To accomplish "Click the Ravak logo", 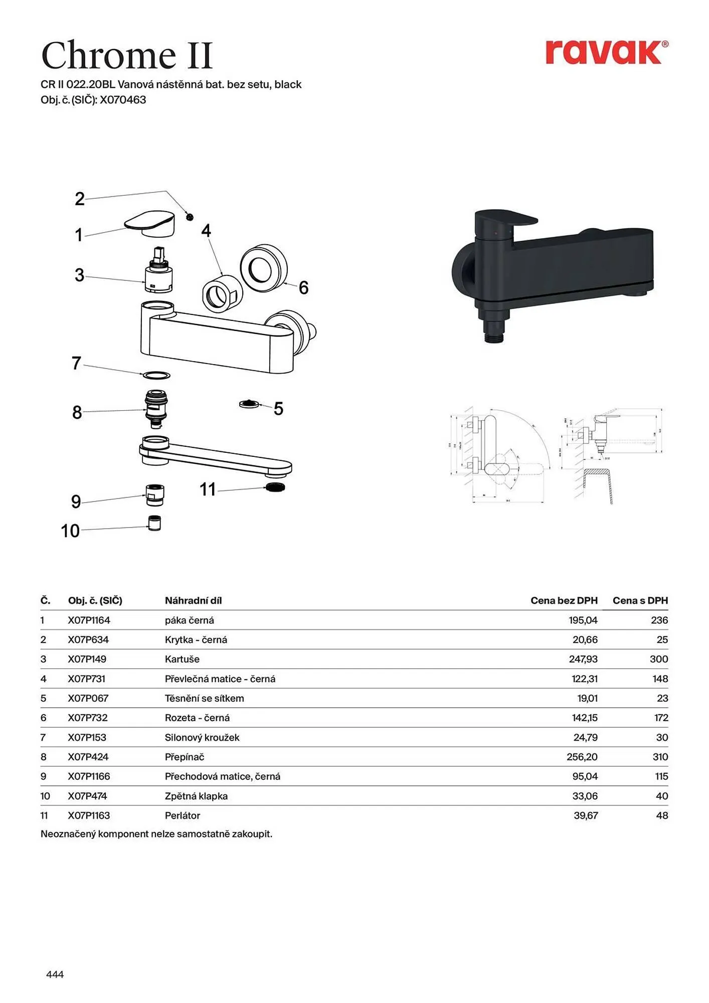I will [x=606, y=52].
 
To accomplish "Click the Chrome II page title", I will [x=127, y=55].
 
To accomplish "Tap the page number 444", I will [x=55, y=974].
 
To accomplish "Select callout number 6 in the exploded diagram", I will [x=303, y=288].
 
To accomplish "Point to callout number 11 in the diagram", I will [x=208, y=489].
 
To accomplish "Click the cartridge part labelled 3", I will [x=158, y=271].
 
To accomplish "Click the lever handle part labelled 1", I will [x=150, y=223].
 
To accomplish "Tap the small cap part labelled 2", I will [x=190, y=217].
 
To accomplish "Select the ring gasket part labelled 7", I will [x=156, y=375].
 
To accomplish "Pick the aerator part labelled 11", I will [x=275, y=486].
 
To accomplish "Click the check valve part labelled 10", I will [x=154, y=523].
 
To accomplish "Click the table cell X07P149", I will [x=87, y=659].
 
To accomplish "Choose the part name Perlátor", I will [x=183, y=815].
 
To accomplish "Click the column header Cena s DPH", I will [x=640, y=600].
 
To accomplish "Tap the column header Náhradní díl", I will [x=193, y=600].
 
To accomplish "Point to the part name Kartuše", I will [x=182, y=659].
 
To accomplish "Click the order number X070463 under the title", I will [x=123, y=100].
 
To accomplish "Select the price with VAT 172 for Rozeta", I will [x=661, y=718].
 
